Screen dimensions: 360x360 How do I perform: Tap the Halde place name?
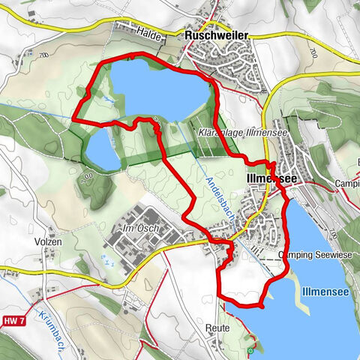[151, 31]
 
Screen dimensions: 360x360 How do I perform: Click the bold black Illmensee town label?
[271, 178]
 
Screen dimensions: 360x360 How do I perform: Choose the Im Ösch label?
[136, 226]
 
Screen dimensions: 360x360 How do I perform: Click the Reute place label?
[215, 328]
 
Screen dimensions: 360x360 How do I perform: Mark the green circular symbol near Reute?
[250, 349]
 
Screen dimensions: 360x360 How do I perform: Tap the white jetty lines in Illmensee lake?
[298, 300]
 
